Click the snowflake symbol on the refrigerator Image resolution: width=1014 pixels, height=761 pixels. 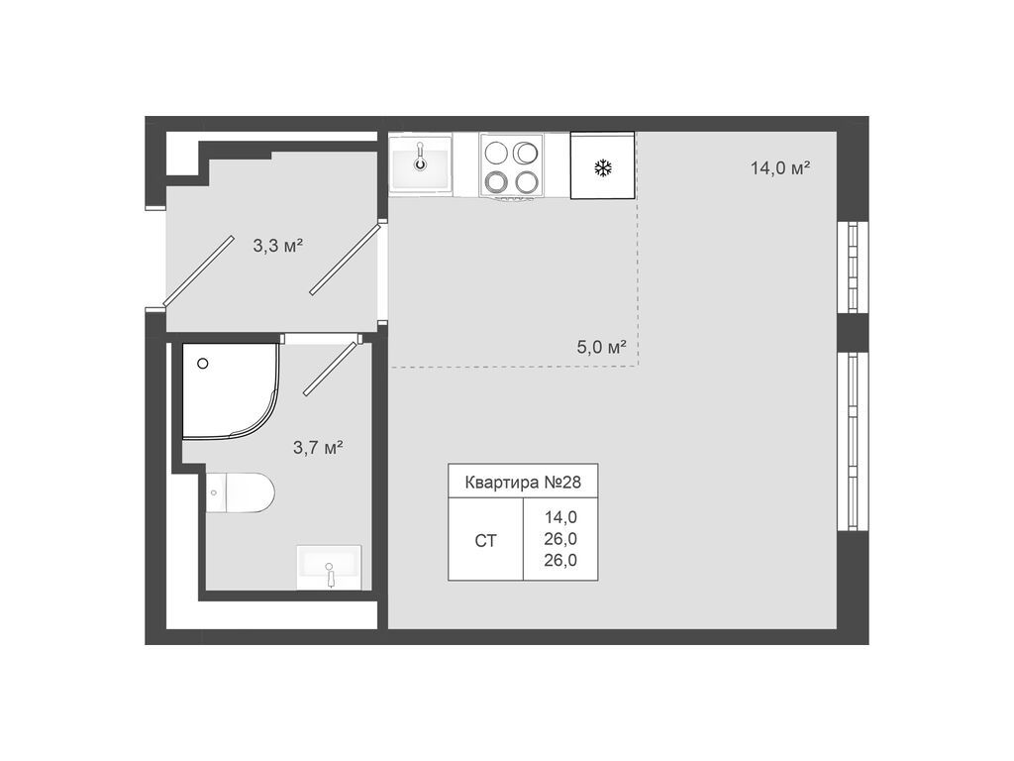coord(602,167)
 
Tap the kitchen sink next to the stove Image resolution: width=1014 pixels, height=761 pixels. coord(421,164)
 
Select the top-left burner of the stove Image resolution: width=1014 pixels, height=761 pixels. coord(497,152)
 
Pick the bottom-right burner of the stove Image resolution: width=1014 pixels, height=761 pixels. coord(527,181)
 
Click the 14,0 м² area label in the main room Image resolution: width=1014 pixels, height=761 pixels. coord(780,167)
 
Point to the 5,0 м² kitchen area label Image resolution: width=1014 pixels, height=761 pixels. coord(602,347)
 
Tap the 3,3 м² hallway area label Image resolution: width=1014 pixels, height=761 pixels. coord(277,246)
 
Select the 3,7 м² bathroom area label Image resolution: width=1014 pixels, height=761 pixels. coord(317,448)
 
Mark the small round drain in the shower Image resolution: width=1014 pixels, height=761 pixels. coord(203,364)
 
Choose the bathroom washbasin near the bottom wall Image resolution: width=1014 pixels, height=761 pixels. coord(329,568)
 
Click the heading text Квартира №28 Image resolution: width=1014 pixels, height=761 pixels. coord(522,483)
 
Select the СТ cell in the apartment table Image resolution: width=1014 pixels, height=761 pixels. coord(485,540)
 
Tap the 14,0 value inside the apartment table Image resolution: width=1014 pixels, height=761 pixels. coord(560,516)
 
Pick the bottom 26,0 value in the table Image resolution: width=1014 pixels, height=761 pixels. coord(560,560)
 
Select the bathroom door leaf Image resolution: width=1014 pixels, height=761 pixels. coord(329,368)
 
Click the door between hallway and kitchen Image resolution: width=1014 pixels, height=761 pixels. coord(345,260)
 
